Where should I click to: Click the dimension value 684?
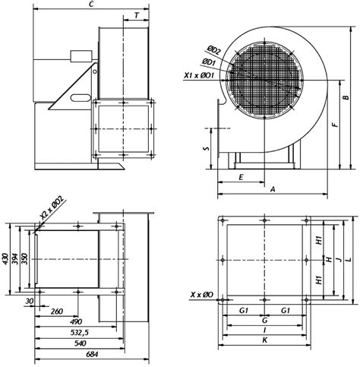pos(92,354)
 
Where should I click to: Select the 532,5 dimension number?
pos(80,333)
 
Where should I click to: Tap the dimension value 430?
pos(6,259)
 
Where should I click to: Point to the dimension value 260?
pos(56,312)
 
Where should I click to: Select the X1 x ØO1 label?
pos(199,75)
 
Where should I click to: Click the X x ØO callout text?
pos(202,295)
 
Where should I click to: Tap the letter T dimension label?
pos(137,16)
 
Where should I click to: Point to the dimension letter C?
pos(92,4)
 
